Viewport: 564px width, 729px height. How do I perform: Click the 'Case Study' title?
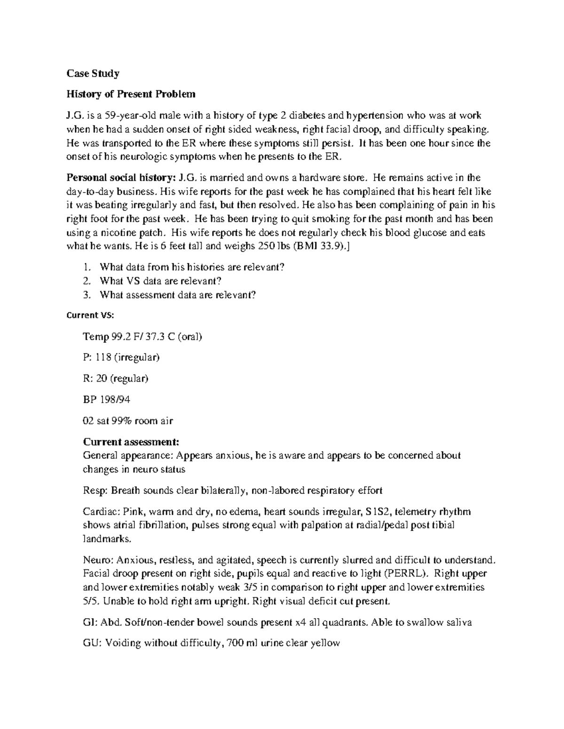click(x=93, y=73)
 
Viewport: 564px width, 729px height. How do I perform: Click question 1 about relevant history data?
click(x=192, y=267)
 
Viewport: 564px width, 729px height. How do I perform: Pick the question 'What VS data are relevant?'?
click(x=160, y=281)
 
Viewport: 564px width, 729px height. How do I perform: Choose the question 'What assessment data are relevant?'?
click(x=178, y=295)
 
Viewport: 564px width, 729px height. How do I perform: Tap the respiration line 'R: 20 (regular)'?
click(x=115, y=379)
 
